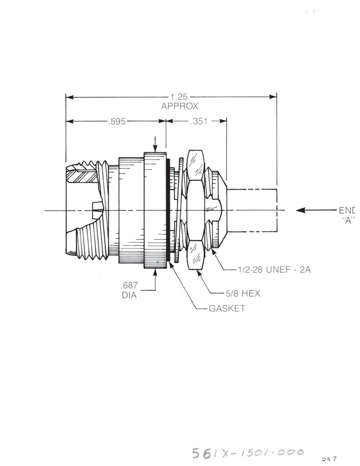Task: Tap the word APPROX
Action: click(180, 106)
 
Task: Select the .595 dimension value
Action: click(116, 121)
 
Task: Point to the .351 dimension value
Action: click(199, 121)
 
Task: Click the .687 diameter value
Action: click(129, 286)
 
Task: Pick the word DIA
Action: click(129, 295)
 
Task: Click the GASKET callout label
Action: click(227, 308)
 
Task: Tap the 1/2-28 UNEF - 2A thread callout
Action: click(274, 270)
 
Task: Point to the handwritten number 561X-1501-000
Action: click(247, 452)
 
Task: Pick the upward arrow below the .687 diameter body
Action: click(155, 273)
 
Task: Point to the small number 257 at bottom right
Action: click(329, 459)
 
